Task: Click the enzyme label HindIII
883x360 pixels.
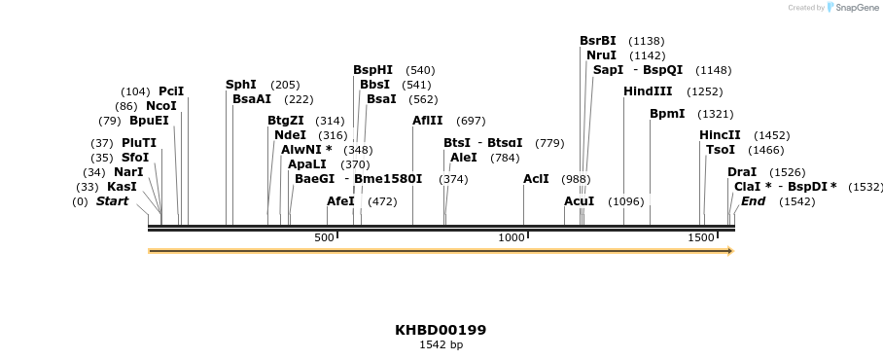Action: pyautogui.click(x=648, y=91)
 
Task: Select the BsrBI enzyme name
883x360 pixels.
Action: pyautogui.click(x=598, y=41)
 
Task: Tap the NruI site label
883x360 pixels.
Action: pyautogui.click(x=601, y=55)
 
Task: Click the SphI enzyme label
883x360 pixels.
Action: pyautogui.click(x=241, y=85)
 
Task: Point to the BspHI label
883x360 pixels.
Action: pyautogui.click(x=372, y=70)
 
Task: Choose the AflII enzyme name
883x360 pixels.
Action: pyautogui.click(x=428, y=121)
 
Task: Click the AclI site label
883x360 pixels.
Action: pyautogui.click(x=536, y=179)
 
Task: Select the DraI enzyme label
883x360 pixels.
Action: pyautogui.click(x=742, y=172)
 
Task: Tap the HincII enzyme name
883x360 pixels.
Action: pyautogui.click(x=720, y=135)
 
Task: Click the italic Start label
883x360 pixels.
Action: pyautogui.click(x=112, y=201)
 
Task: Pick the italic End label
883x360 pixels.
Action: pyautogui.click(x=753, y=201)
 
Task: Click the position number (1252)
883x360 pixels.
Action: pyautogui.click(x=704, y=91)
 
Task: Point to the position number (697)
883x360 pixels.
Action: pyautogui.click(x=471, y=121)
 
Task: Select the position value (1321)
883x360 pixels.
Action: pyautogui.click(x=715, y=114)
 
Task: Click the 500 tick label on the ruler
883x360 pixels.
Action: pyautogui.click(x=324, y=238)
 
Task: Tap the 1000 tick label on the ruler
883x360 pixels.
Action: pyautogui.click(x=512, y=238)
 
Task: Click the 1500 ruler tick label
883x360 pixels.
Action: pyautogui.click(x=701, y=238)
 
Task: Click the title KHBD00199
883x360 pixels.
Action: pyautogui.click(x=441, y=330)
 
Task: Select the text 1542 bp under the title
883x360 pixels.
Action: pyautogui.click(x=441, y=344)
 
